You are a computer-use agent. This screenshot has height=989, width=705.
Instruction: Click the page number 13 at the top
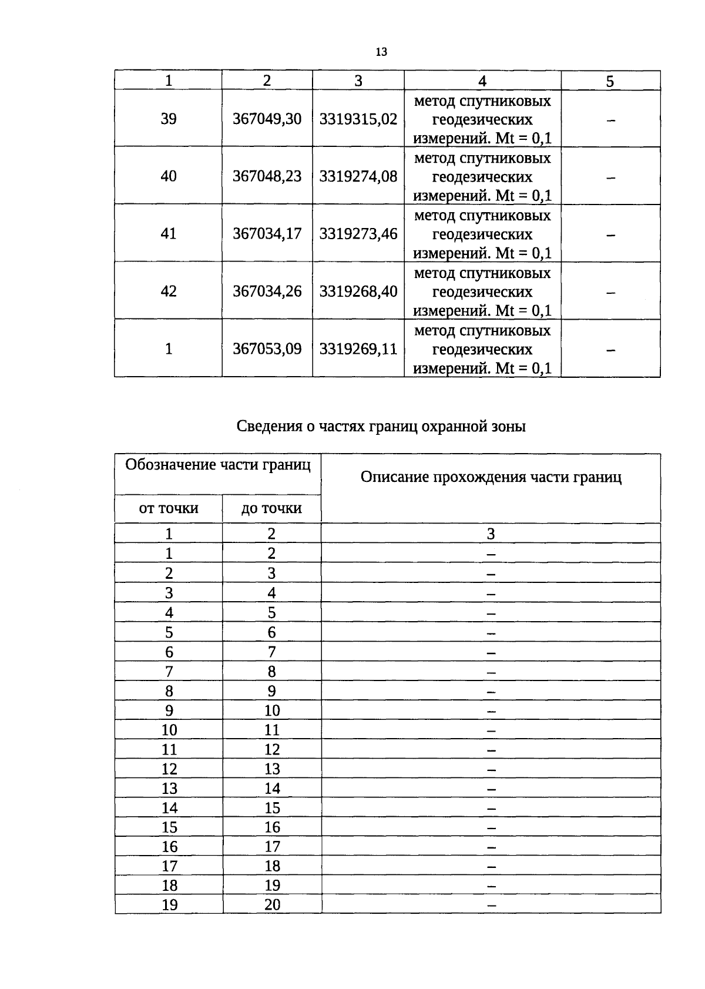[x=381, y=52]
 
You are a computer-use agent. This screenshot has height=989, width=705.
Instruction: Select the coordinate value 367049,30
[x=267, y=119]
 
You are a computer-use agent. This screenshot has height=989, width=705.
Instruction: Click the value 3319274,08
[x=358, y=176]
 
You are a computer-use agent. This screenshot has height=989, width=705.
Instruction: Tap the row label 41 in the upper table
[x=169, y=234]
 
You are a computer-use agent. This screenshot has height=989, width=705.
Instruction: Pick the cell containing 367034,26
[x=267, y=291]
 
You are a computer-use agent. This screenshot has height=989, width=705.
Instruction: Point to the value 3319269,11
[x=358, y=349]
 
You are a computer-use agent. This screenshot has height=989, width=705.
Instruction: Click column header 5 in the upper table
[x=610, y=81]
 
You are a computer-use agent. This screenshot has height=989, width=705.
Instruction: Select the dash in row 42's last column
[x=611, y=292]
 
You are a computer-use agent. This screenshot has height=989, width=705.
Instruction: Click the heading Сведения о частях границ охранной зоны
[x=381, y=426]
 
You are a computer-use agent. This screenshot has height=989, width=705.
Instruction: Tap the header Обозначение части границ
[x=218, y=465]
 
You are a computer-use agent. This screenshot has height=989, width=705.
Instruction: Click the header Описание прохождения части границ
[x=491, y=477]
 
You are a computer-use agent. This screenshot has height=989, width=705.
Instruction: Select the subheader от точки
[x=169, y=508]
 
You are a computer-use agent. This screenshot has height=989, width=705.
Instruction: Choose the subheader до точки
[x=271, y=508]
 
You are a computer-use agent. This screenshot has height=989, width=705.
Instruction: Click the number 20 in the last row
[x=272, y=904]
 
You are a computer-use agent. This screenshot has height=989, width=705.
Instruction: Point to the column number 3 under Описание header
[x=491, y=534]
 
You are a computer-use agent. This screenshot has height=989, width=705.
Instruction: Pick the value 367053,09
[x=267, y=349]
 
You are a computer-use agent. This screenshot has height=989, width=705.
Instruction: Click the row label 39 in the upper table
[x=169, y=119]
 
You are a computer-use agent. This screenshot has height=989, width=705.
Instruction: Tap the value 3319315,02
[x=358, y=119]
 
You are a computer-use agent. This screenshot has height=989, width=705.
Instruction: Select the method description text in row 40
[x=482, y=176]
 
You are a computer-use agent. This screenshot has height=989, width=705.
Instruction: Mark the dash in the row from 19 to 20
[x=492, y=906]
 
